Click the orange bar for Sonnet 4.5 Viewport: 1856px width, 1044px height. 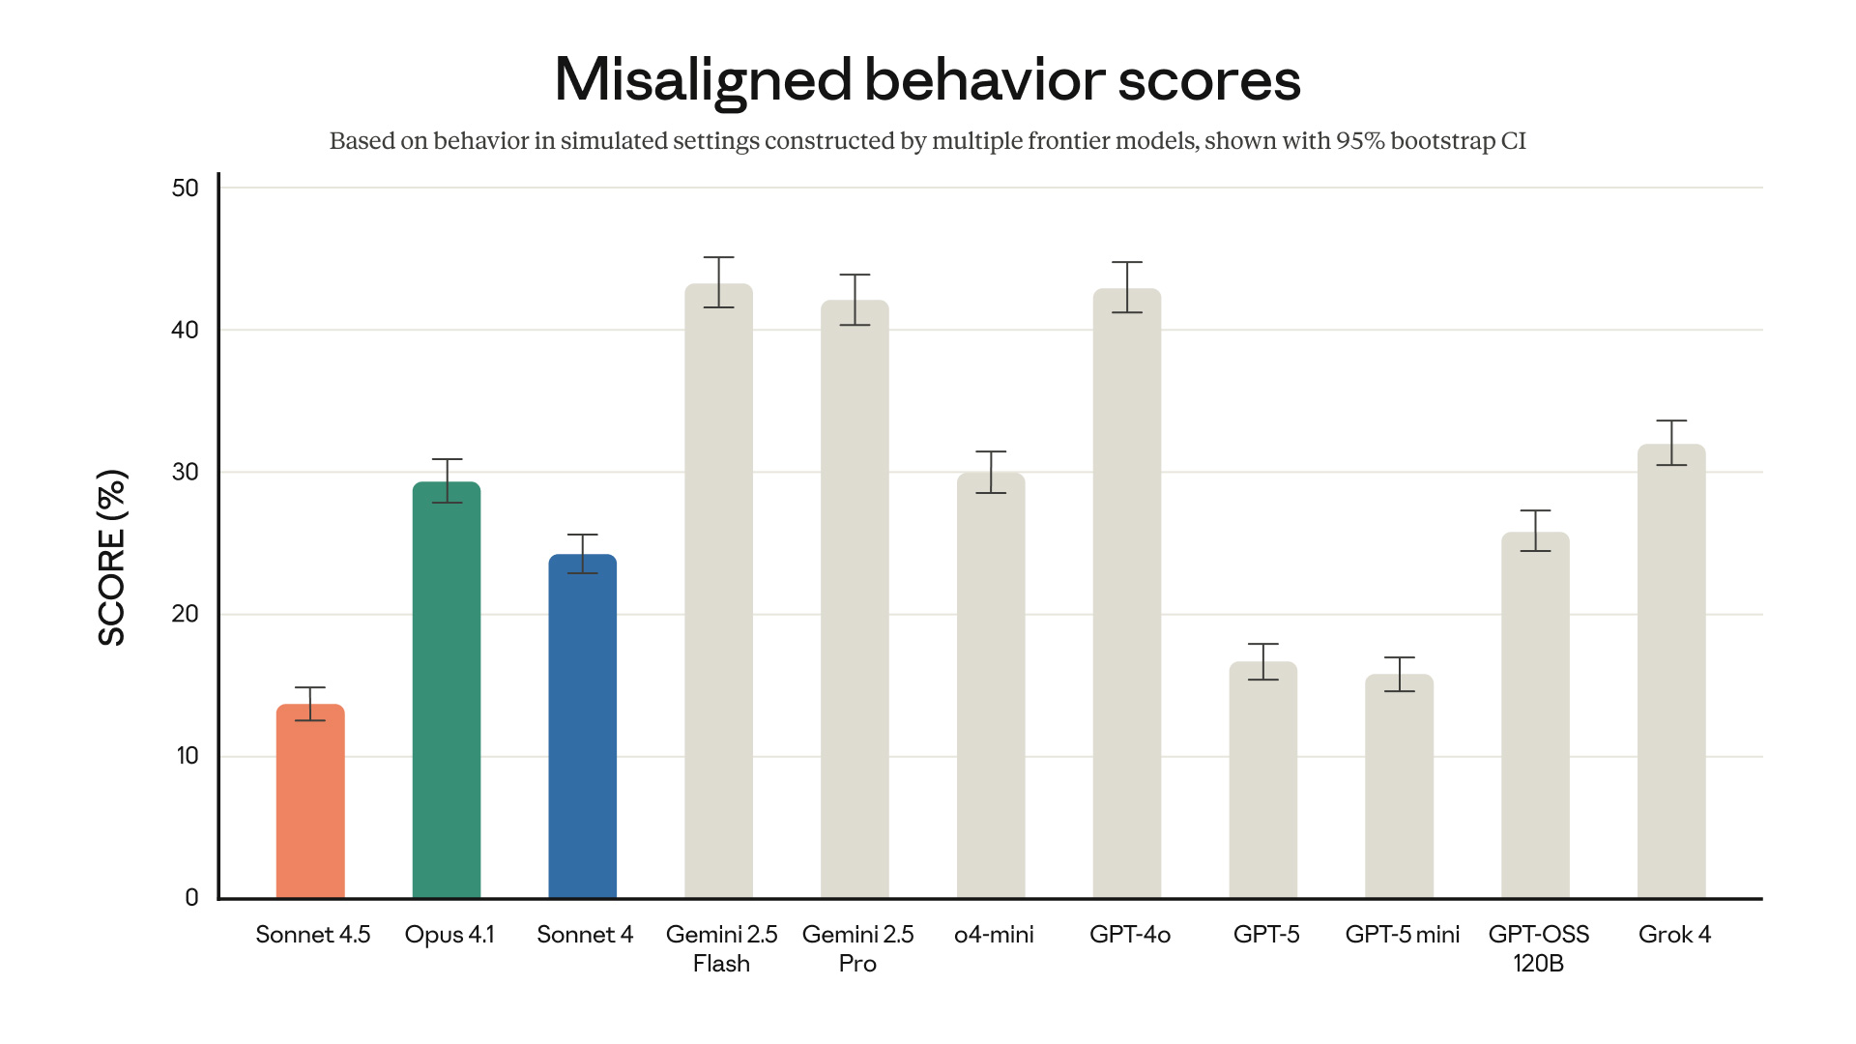[x=310, y=802]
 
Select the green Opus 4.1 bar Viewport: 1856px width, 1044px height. [x=447, y=691]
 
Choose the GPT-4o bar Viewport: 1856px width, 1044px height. [x=1127, y=594]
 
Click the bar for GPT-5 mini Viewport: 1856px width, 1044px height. [x=1399, y=787]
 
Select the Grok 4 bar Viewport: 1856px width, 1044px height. [x=1671, y=672]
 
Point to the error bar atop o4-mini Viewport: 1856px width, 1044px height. [x=991, y=472]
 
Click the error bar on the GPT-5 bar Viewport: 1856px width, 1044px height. [x=1263, y=662]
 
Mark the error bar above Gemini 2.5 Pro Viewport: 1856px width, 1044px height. [x=855, y=300]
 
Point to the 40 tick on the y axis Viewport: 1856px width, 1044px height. [x=185, y=331]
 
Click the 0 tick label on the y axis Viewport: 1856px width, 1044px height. [x=191, y=898]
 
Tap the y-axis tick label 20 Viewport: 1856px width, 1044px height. [x=185, y=615]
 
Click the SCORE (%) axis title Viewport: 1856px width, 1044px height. [x=112, y=558]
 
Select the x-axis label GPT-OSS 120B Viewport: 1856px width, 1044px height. [x=1538, y=948]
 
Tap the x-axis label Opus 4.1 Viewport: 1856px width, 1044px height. [x=449, y=935]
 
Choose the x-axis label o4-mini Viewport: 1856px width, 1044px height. [x=994, y=935]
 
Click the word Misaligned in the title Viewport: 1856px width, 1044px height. [x=703, y=79]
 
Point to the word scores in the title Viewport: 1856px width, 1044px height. [x=1209, y=79]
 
